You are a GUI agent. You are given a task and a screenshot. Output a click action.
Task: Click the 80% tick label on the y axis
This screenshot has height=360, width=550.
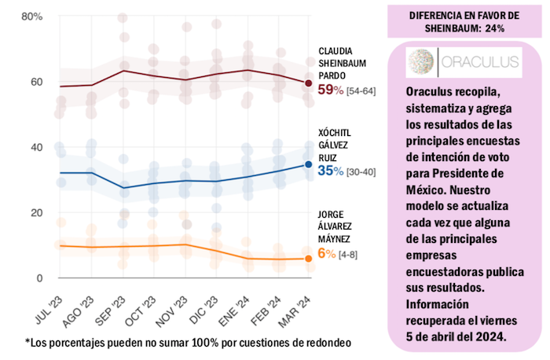pos(31,17)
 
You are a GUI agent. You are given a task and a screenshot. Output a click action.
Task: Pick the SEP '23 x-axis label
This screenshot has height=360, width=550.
pos(116,305)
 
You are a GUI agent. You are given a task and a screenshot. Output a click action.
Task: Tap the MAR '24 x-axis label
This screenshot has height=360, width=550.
pos(302,305)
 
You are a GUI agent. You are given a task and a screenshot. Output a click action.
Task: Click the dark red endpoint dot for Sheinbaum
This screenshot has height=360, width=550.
pos(309,83)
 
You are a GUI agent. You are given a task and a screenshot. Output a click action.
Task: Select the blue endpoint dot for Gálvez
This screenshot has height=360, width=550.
pos(309,164)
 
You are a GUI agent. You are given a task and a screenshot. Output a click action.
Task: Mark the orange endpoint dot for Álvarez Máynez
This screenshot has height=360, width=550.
pos(309,259)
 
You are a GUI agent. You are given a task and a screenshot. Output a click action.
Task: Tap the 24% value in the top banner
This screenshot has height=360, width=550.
pos(493,28)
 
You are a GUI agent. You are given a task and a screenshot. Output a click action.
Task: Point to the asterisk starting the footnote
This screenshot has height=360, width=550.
pos(28,343)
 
